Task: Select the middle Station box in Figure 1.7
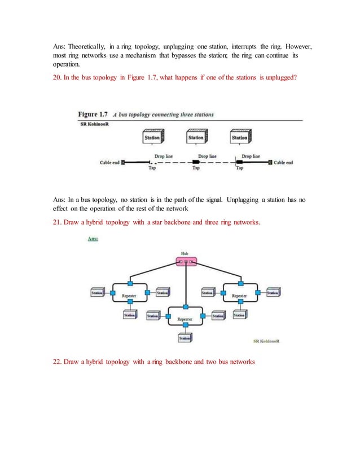point(195,137)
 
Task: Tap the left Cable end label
point(110,162)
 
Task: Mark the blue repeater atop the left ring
point(130,283)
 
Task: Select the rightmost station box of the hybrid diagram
point(273,293)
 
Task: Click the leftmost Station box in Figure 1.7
point(152,137)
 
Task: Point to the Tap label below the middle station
point(196,168)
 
